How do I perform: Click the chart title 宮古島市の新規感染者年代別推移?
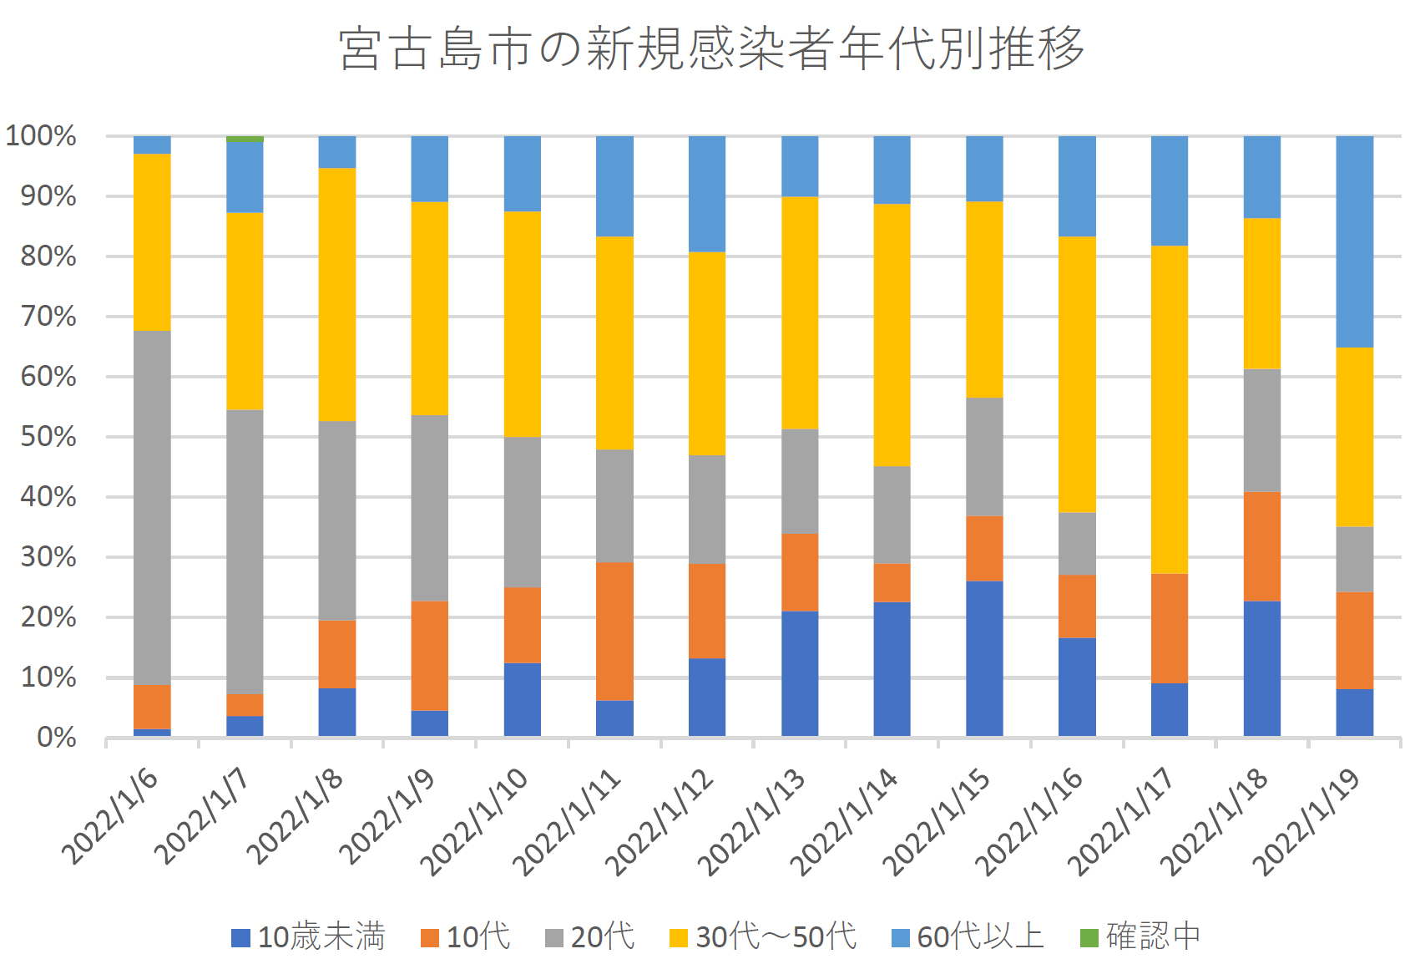coord(711,48)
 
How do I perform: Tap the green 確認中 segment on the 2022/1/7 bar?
coord(245,139)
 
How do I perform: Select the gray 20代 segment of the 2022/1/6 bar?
coord(152,507)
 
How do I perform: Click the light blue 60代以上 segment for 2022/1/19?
coord(1354,241)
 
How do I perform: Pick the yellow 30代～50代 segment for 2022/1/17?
coord(1169,409)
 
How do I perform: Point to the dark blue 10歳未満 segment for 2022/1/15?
coord(984,658)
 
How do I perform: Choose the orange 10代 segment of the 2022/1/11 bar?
coord(614,631)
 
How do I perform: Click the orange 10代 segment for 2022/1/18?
coord(1261,546)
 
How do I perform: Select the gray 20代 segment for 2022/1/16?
coord(1077,543)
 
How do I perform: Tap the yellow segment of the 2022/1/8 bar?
coord(337,294)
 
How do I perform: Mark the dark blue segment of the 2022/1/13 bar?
coord(799,673)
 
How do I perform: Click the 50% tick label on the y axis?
coord(48,437)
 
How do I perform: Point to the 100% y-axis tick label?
coord(42,136)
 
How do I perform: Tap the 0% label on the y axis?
coord(57,738)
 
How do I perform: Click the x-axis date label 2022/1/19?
coord(1306,822)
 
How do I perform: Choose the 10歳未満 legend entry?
coord(309,936)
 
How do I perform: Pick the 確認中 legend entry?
coord(1140,936)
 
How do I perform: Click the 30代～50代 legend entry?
coord(763,936)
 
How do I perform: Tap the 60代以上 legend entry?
coord(968,936)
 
